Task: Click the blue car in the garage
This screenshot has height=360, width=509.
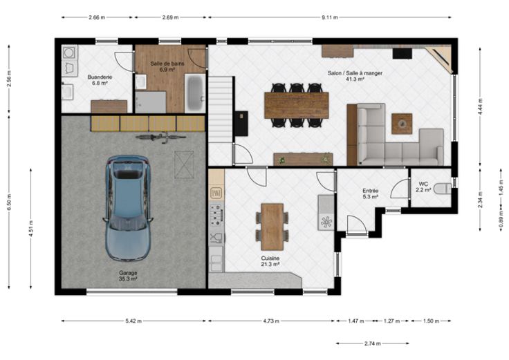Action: (x=128, y=208)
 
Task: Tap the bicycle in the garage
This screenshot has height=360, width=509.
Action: (x=160, y=137)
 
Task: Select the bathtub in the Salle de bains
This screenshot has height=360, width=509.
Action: (x=195, y=93)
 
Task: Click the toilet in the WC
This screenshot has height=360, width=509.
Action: (x=443, y=189)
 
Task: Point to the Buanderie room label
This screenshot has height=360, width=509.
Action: (x=100, y=77)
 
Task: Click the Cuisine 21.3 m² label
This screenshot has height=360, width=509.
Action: (x=270, y=261)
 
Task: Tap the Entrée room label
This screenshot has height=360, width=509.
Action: (x=371, y=191)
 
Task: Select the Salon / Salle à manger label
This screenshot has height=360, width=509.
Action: (x=355, y=73)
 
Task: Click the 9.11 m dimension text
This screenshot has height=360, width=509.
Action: (x=330, y=17)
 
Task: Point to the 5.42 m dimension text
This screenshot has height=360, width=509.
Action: (x=133, y=321)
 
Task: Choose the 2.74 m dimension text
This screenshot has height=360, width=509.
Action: (x=373, y=343)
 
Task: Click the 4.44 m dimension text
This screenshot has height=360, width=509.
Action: (x=481, y=106)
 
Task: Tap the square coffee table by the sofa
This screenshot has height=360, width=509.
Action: (x=402, y=124)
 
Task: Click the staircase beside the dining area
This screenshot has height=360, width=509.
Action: (x=221, y=109)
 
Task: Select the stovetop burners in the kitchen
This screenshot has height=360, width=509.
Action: (x=216, y=215)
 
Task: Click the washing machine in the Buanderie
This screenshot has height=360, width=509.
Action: (x=69, y=53)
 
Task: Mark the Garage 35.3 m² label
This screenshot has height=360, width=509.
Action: (x=128, y=276)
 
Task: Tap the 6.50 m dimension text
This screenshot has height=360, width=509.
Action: (x=9, y=202)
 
